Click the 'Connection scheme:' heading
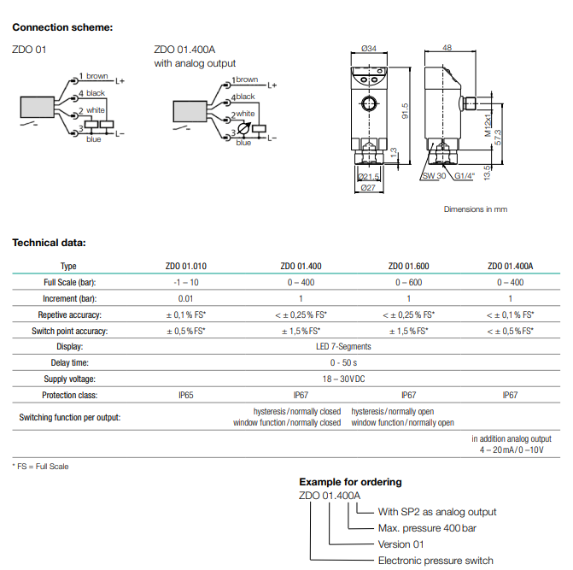(62, 27)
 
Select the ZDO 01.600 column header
(408, 266)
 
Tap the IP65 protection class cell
(185, 395)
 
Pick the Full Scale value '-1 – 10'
(186, 282)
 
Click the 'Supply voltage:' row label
(69, 379)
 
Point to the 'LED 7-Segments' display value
(343, 347)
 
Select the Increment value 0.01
(185, 299)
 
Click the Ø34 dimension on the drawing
(369, 48)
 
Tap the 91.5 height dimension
(405, 111)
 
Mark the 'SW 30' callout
(434, 176)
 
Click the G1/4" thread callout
(465, 176)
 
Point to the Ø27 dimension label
(368, 188)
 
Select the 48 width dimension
(447, 48)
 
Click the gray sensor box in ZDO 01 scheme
(38, 107)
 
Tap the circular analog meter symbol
(243, 128)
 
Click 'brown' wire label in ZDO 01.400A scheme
(247, 79)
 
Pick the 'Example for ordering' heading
(350, 482)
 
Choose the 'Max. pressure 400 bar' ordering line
(427, 528)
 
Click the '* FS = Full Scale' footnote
(40, 467)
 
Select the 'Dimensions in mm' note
(476, 209)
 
